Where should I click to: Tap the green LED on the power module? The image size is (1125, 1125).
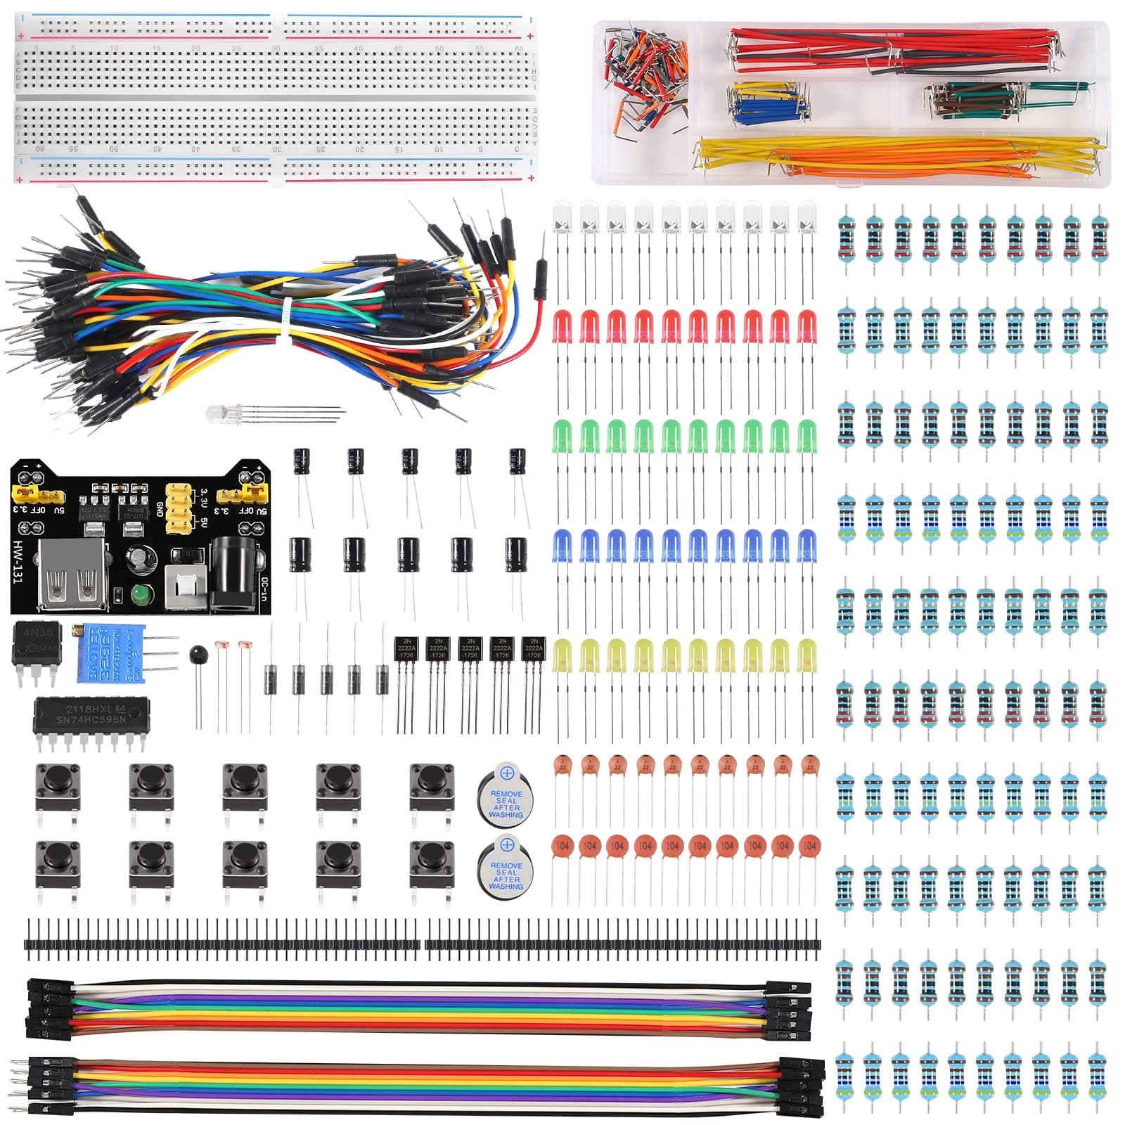tap(141, 596)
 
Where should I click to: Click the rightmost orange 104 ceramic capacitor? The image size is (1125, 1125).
tap(809, 847)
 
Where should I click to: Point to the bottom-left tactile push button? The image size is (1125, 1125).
tap(57, 863)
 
